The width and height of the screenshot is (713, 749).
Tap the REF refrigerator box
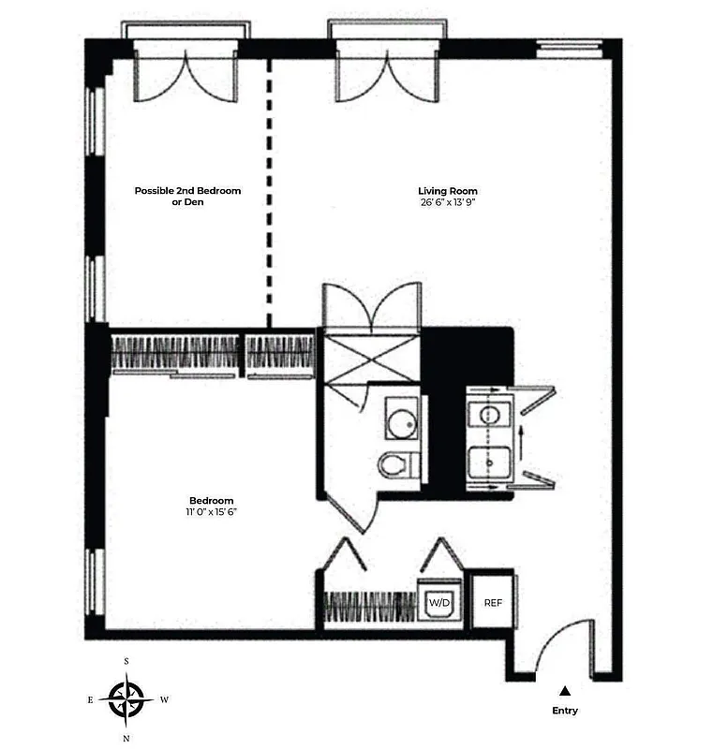pos(493,602)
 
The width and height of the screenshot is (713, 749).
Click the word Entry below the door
pos(565,711)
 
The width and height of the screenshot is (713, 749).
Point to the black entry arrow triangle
pos(565,691)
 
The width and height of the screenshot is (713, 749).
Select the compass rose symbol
pos(126,698)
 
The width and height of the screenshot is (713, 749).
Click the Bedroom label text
pos(211,500)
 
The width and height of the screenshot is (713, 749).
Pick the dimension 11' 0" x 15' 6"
pos(211,512)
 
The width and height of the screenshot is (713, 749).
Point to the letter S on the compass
pos(126,661)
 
